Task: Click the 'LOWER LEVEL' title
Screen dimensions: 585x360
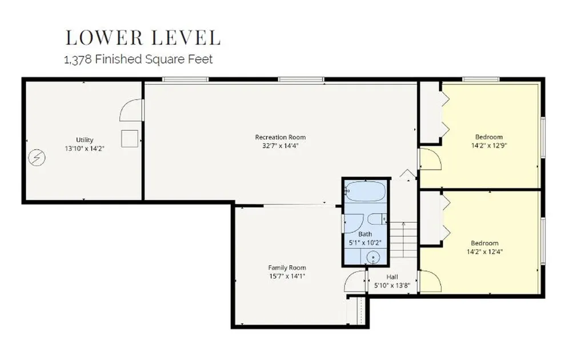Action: point(143,38)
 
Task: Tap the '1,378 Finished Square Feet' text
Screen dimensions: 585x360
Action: point(138,59)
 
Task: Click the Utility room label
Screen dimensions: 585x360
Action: point(85,140)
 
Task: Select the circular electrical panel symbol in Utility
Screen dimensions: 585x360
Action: point(37,158)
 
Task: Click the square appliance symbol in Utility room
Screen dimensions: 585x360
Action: point(130,139)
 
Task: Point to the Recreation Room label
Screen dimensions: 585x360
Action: point(280,137)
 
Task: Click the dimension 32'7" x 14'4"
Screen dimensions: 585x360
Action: point(280,146)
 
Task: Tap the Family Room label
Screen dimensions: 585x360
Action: point(287,267)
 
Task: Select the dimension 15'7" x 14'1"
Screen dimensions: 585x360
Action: point(287,277)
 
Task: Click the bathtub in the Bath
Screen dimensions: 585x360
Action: point(365,191)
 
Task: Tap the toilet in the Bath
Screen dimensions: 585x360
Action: point(377,219)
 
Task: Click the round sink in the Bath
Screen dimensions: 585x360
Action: point(372,257)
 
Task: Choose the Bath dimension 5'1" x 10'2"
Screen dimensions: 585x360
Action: point(365,243)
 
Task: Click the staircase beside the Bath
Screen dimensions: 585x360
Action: point(403,239)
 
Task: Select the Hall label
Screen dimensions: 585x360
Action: point(392,277)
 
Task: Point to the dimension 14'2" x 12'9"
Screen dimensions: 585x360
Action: point(489,146)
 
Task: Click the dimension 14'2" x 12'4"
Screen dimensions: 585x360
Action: point(484,251)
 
